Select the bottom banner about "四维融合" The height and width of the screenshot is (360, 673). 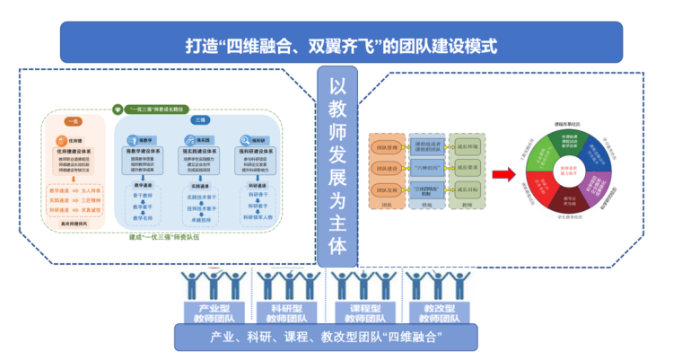point(336,338)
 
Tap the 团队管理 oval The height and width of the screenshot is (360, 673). point(388,144)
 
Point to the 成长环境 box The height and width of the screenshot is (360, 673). point(468,144)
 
